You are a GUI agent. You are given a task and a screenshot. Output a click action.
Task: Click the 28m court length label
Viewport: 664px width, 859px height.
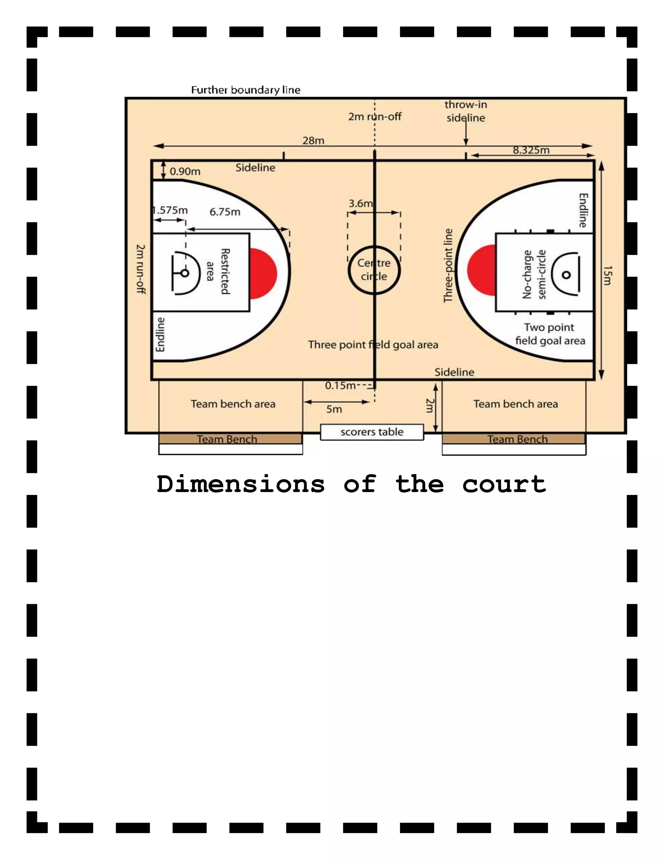(x=313, y=140)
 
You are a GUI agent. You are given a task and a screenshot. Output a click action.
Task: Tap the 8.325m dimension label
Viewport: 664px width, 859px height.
(x=531, y=150)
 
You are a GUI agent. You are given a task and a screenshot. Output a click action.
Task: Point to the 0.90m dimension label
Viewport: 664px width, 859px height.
(x=185, y=171)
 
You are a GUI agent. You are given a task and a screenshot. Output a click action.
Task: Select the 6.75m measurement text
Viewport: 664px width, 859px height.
(x=225, y=212)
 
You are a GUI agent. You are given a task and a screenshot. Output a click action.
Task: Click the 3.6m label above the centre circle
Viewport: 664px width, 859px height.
(x=360, y=203)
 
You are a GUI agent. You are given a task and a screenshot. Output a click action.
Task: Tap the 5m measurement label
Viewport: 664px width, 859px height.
(x=334, y=409)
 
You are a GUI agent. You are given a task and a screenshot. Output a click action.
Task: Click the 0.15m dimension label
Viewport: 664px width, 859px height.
(x=340, y=385)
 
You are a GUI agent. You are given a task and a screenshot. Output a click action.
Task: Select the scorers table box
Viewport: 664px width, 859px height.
(x=372, y=432)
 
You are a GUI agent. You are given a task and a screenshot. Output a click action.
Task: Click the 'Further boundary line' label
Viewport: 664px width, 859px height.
(x=245, y=90)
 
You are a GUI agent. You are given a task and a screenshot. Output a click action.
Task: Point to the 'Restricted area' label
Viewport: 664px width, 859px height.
(x=218, y=271)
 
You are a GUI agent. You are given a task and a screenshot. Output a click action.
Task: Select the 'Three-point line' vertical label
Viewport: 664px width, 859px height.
(x=448, y=265)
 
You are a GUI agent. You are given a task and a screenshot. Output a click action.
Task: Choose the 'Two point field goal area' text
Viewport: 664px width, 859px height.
(x=550, y=334)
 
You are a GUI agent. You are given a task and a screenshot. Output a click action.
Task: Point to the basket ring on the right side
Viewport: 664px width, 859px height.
(x=566, y=275)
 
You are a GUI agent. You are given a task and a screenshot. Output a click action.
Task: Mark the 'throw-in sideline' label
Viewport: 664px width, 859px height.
(x=466, y=111)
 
